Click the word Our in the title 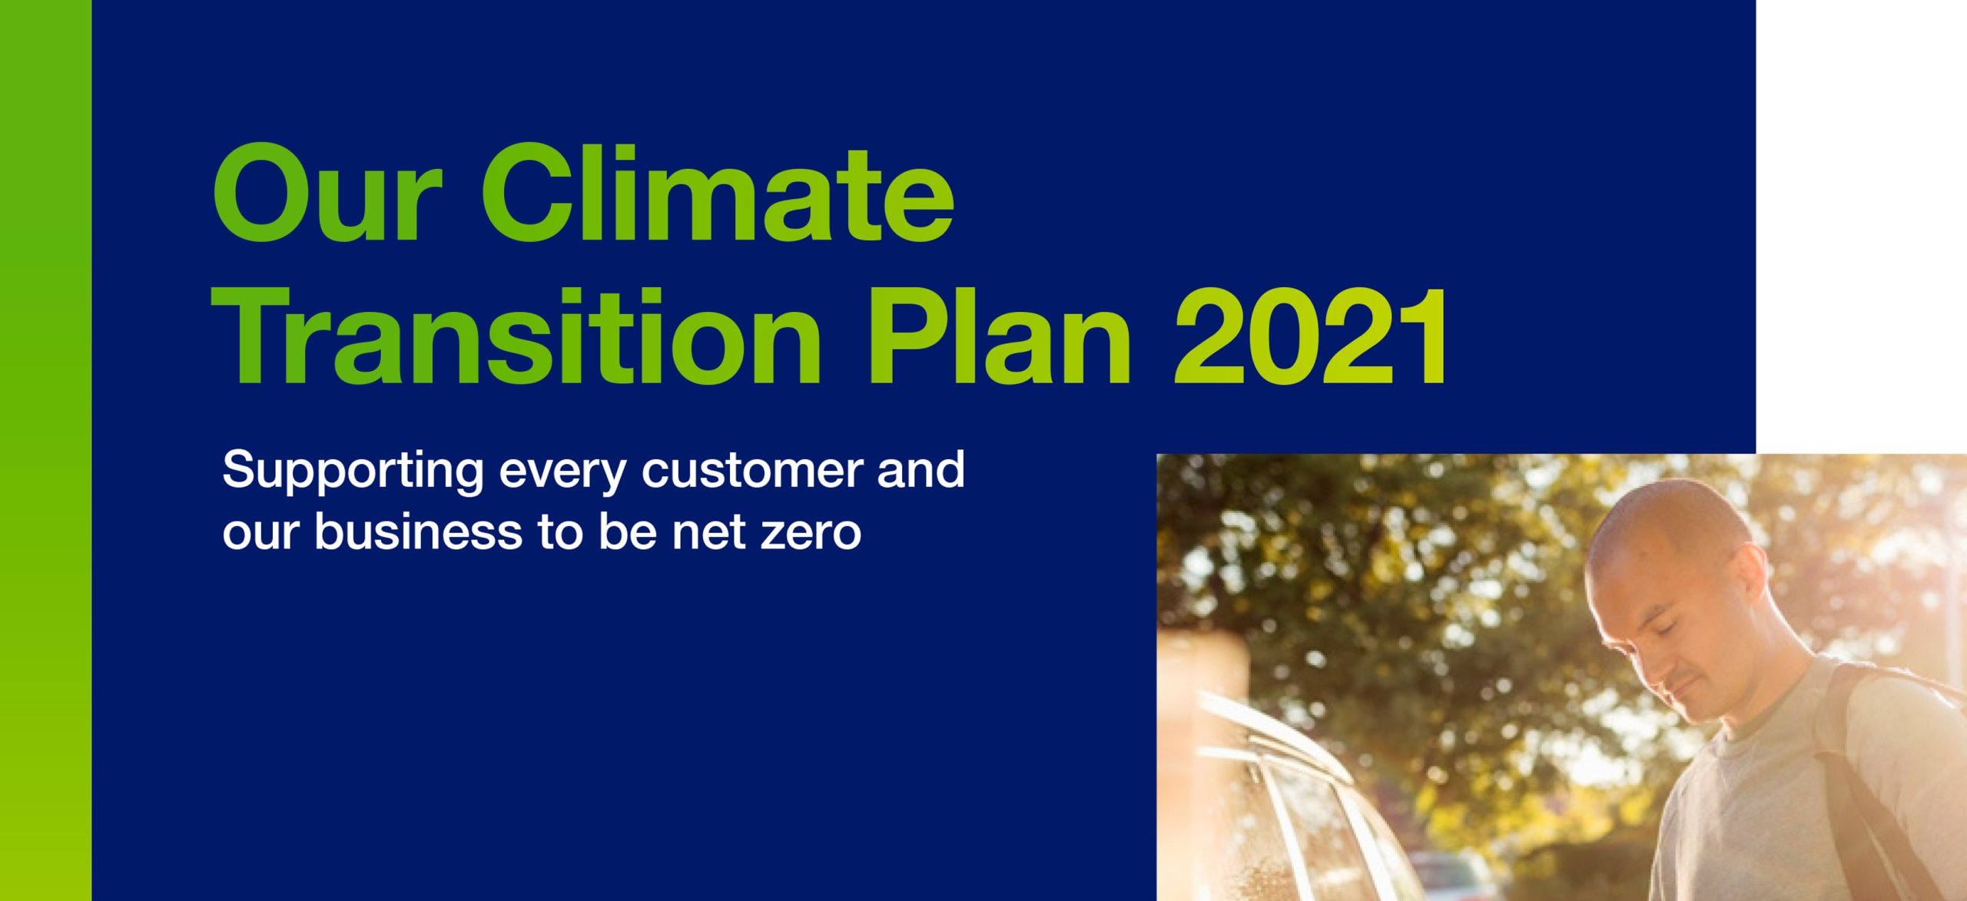coord(327,192)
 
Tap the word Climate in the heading coord(718,192)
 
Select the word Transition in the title coord(517,336)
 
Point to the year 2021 coord(1311,336)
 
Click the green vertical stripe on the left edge coord(45,450)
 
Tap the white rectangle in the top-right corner coord(1861,227)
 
